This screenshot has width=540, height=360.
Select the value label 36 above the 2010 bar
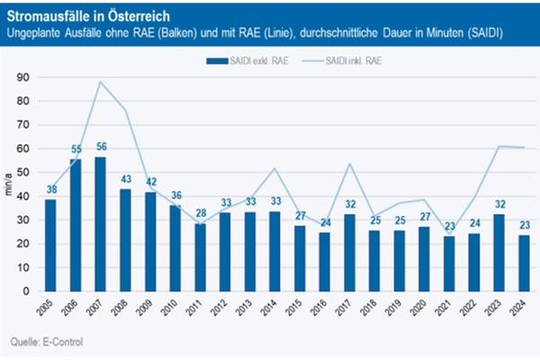click(x=174, y=195)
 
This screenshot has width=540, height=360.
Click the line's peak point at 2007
click(x=100, y=82)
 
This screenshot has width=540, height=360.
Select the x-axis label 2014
click(x=273, y=307)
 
